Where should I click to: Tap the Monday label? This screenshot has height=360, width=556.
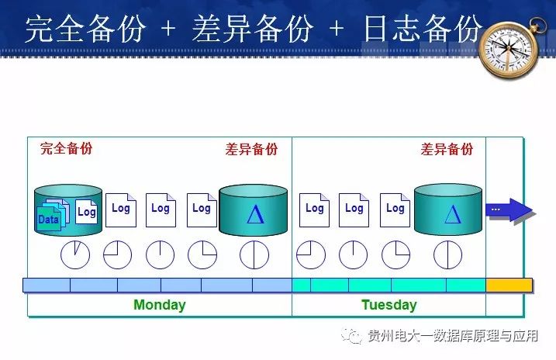159,305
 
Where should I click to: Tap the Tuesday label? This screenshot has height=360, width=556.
389,305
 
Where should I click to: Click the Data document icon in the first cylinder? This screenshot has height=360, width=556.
49,218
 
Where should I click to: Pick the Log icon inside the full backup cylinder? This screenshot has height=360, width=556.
86,212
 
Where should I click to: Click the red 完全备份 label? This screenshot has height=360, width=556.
66,148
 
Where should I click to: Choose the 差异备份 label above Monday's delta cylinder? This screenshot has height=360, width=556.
251,149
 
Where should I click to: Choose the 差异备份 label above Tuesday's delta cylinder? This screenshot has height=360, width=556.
447,149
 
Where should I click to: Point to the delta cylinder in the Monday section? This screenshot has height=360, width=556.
254,211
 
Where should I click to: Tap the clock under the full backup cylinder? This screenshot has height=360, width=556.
76,254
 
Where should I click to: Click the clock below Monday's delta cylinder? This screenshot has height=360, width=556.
254,254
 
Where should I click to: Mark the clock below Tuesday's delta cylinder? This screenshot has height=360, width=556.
447,254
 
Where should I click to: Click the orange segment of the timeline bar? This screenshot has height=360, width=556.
509,285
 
